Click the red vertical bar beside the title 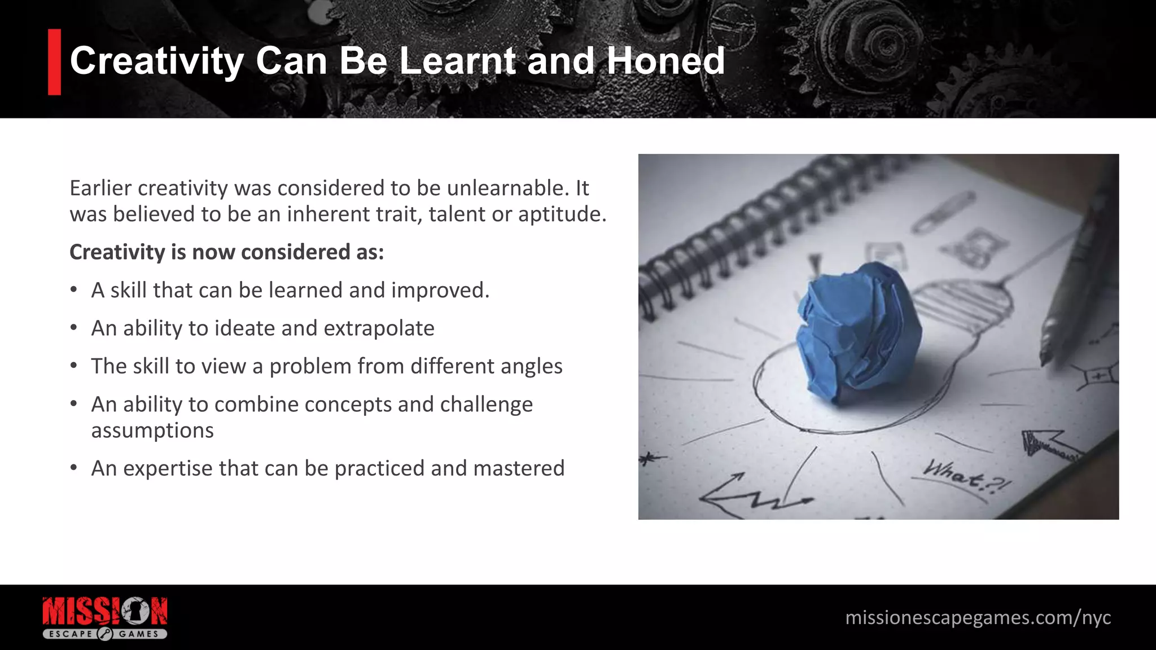[54, 62]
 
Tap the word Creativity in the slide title [156, 61]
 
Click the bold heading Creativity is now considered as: [226, 252]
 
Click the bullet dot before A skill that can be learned [74, 290]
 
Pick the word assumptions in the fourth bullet [152, 431]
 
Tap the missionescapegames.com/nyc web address [978, 618]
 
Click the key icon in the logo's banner [106, 634]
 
